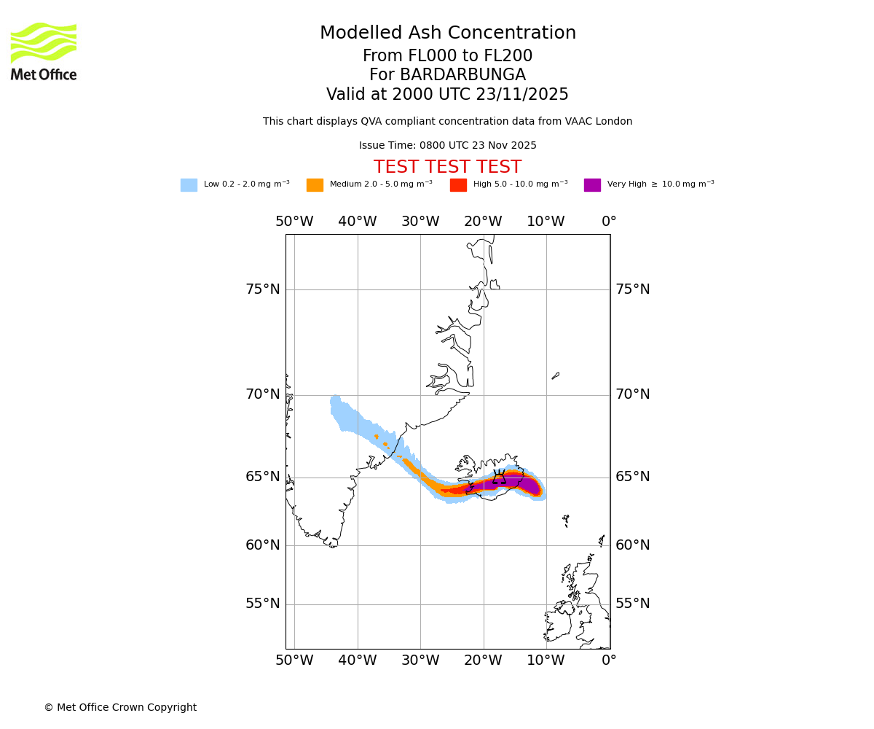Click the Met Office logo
(44, 51)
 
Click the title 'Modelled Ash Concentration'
(447, 34)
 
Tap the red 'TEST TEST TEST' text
(447, 168)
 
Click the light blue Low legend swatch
(189, 185)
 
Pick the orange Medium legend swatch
(315, 185)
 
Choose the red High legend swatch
(458, 185)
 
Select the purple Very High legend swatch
(592, 185)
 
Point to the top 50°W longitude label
(294, 222)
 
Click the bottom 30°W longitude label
(420, 660)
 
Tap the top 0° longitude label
(609, 222)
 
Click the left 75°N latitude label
(262, 289)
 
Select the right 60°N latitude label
(633, 545)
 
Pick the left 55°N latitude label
(262, 604)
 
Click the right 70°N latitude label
(633, 394)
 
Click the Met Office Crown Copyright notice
(120, 708)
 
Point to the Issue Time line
(447, 146)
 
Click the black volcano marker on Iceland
(499, 477)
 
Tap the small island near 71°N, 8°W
(556, 375)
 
